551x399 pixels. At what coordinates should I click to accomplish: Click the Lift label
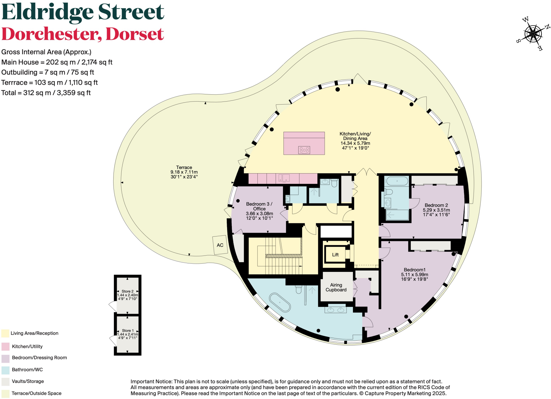coord(335,255)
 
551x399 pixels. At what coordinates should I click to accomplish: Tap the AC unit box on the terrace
coord(220,245)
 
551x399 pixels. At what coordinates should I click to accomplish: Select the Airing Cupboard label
coord(336,287)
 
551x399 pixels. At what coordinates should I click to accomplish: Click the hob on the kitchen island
coord(304,150)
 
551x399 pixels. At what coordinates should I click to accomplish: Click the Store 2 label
coord(128,291)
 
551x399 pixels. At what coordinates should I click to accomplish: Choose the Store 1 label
coord(128,330)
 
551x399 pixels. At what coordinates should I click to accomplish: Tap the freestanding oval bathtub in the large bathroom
coord(280,303)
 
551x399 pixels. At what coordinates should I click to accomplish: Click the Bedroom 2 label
coord(436,205)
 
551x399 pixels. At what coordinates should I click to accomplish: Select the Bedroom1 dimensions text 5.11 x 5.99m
coord(414,275)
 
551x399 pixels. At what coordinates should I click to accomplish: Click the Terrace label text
coord(184,167)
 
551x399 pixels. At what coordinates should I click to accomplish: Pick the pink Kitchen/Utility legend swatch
coord(5,347)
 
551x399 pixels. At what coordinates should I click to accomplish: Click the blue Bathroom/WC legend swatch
coord(5,370)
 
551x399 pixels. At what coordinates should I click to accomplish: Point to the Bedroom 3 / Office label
coord(259,206)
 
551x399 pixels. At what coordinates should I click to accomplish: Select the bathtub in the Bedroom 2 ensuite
coord(397,181)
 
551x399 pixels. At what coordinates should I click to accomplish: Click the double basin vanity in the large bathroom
coord(335,310)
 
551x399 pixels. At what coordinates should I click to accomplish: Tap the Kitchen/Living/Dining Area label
coord(355,136)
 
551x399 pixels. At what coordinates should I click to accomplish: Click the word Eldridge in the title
coord(48,12)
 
